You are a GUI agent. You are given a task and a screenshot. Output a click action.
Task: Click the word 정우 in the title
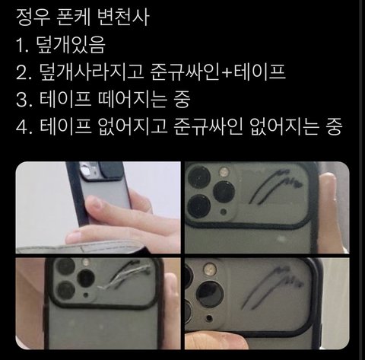(x=32, y=18)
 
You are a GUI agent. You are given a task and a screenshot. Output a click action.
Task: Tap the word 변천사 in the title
(x=123, y=18)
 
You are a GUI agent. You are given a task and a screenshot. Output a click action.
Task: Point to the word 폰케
(x=73, y=18)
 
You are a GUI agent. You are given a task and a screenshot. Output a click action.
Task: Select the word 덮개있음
(x=71, y=45)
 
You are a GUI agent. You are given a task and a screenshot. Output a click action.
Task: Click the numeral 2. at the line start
(x=24, y=72)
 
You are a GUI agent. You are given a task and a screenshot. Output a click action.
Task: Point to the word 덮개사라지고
(x=91, y=72)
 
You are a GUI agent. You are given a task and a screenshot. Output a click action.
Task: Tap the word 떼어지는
(x=132, y=99)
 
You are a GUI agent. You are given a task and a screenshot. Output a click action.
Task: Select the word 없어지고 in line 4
(x=132, y=126)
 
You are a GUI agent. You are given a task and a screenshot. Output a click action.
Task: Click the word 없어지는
(x=284, y=126)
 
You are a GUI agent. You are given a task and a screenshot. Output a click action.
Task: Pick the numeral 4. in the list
(x=24, y=126)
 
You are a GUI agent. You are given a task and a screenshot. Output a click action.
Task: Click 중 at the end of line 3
(x=182, y=99)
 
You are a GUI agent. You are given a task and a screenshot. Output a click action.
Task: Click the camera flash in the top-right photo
(x=224, y=172)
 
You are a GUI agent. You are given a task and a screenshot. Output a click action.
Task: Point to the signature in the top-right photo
(x=275, y=186)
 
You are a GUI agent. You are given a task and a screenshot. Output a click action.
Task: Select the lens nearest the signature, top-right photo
(x=224, y=192)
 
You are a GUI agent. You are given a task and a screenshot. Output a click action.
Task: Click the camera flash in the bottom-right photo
(x=210, y=269)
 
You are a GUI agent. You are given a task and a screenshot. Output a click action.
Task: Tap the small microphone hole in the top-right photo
(x=224, y=211)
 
